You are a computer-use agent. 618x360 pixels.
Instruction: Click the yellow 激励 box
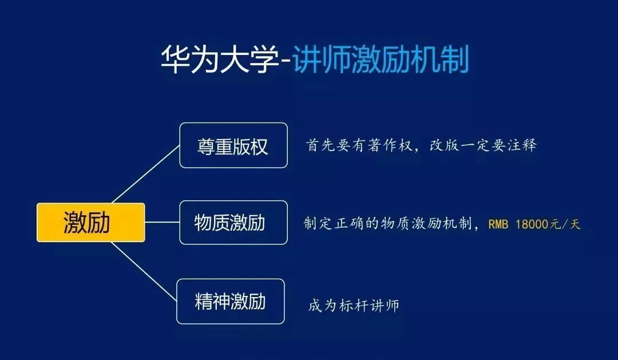tap(90, 223)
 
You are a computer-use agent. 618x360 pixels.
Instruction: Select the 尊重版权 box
tap(233, 145)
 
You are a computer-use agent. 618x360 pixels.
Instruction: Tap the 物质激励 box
tap(233, 223)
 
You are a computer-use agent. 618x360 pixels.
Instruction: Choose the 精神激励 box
tap(230, 301)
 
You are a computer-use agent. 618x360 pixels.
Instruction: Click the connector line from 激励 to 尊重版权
tap(146, 175)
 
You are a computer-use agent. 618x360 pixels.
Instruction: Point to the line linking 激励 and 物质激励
tap(162, 222)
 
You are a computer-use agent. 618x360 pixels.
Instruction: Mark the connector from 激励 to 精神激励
tap(144, 272)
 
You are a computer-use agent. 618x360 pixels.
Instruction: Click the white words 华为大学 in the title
tap(220, 59)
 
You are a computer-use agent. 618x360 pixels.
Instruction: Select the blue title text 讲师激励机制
tap(381, 59)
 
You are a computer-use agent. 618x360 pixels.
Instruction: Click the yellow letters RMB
tap(498, 224)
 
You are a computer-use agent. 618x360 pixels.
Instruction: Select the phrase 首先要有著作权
tap(359, 145)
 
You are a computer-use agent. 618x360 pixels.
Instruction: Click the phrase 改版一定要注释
tap(483, 145)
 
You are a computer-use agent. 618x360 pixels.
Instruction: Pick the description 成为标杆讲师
tap(354, 305)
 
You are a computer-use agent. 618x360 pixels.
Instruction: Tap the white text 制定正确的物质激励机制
tap(387, 224)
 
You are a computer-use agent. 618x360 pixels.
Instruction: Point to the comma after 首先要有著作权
tap(419, 150)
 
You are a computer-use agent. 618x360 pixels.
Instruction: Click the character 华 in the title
tap(176, 59)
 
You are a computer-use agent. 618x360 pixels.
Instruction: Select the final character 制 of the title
tap(455, 59)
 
